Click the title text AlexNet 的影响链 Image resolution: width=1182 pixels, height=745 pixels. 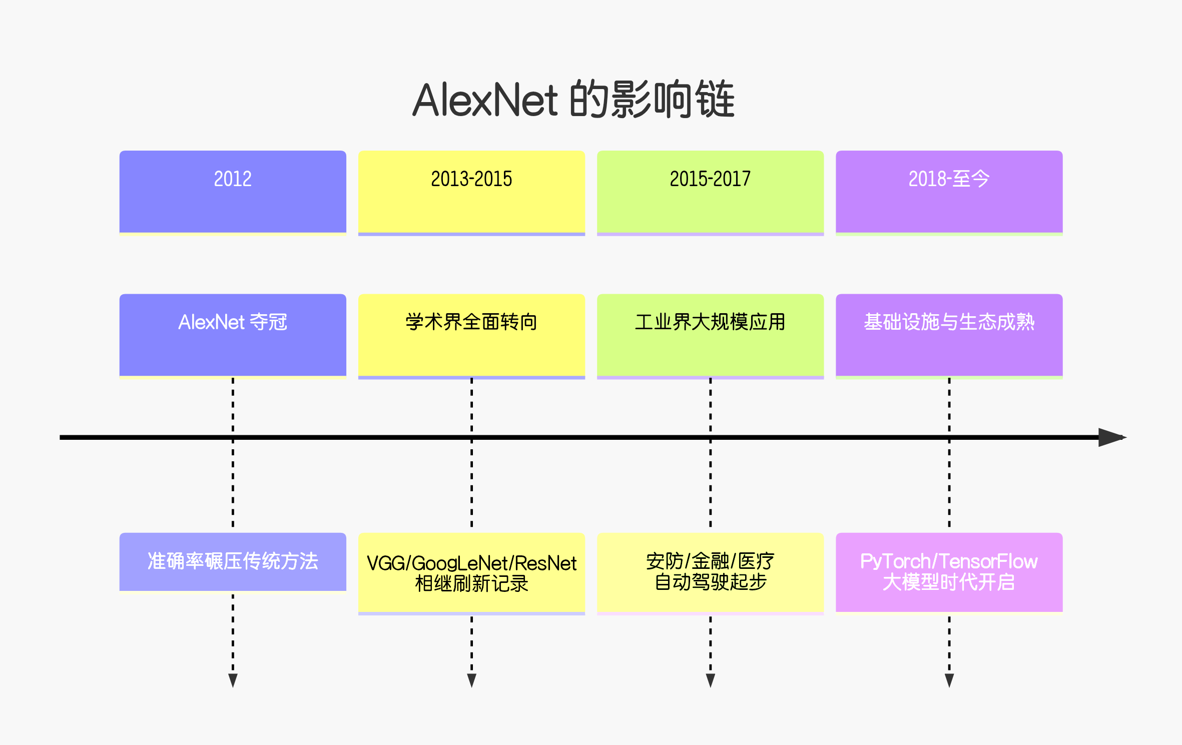point(573,100)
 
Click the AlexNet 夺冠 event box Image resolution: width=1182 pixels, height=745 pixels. point(233,335)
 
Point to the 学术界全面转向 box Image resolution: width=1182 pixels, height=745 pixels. point(471,335)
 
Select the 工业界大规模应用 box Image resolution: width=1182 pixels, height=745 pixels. point(710,335)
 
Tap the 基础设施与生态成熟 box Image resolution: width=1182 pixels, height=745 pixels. point(949,335)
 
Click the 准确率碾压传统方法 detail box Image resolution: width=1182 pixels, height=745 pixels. point(233,561)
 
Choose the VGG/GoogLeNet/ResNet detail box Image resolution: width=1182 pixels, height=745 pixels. point(471,572)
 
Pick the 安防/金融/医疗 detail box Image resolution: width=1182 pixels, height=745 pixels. point(710,572)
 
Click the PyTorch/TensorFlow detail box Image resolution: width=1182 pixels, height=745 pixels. point(949,572)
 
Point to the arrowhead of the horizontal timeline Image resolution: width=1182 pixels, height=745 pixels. point(1111,437)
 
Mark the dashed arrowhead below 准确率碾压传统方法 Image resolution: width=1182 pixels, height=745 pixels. point(233,680)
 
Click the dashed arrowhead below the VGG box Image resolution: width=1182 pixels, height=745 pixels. point(471,680)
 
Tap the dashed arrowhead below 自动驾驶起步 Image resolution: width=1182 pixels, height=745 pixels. point(710,680)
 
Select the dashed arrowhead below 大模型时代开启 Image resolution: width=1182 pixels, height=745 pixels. point(949,680)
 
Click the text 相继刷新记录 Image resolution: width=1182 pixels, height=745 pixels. point(471,584)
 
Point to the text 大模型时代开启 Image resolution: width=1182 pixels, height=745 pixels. point(949,582)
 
